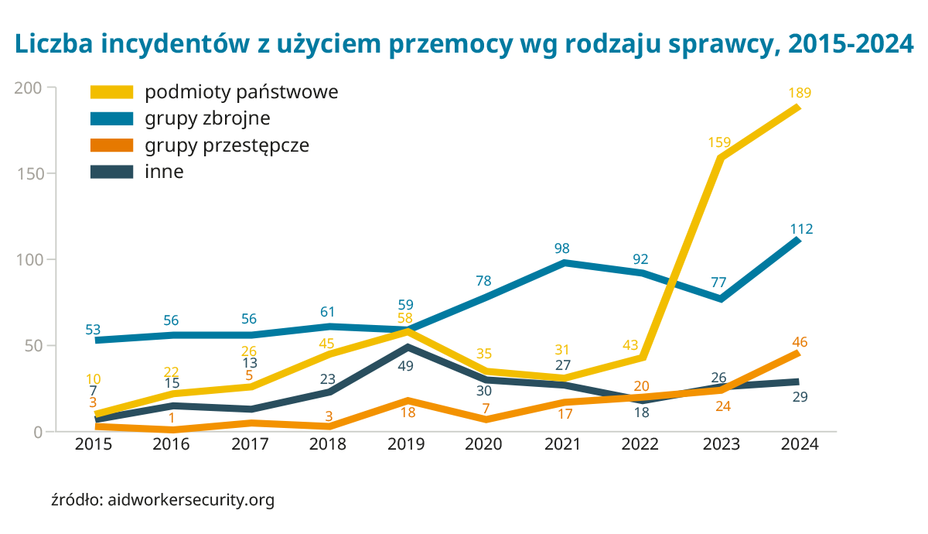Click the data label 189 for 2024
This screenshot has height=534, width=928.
[x=800, y=93]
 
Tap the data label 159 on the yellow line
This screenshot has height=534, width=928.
[x=719, y=142]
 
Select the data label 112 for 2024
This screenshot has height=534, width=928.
[x=801, y=229]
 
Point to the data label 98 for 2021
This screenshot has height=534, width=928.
[x=562, y=248]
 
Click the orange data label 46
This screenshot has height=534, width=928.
[x=800, y=342]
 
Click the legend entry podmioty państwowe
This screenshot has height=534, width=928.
[x=241, y=92]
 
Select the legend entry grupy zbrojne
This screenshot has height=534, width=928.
[x=206, y=118]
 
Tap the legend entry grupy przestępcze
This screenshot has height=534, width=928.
[x=227, y=145]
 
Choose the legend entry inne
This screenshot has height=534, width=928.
[x=164, y=172]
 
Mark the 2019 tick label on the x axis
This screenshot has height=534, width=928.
[x=406, y=444]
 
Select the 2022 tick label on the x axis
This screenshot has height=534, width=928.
[x=640, y=444]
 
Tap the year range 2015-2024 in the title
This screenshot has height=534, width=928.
[x=850, y=44]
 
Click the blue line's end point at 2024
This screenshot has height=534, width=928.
[x=798, y=240]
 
